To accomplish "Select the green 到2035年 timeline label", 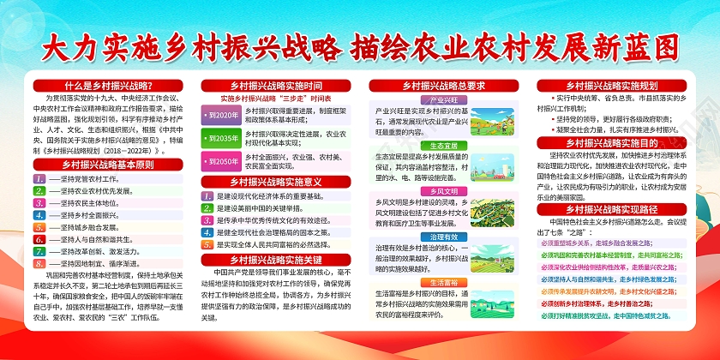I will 221,138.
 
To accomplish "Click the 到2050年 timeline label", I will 221,161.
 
